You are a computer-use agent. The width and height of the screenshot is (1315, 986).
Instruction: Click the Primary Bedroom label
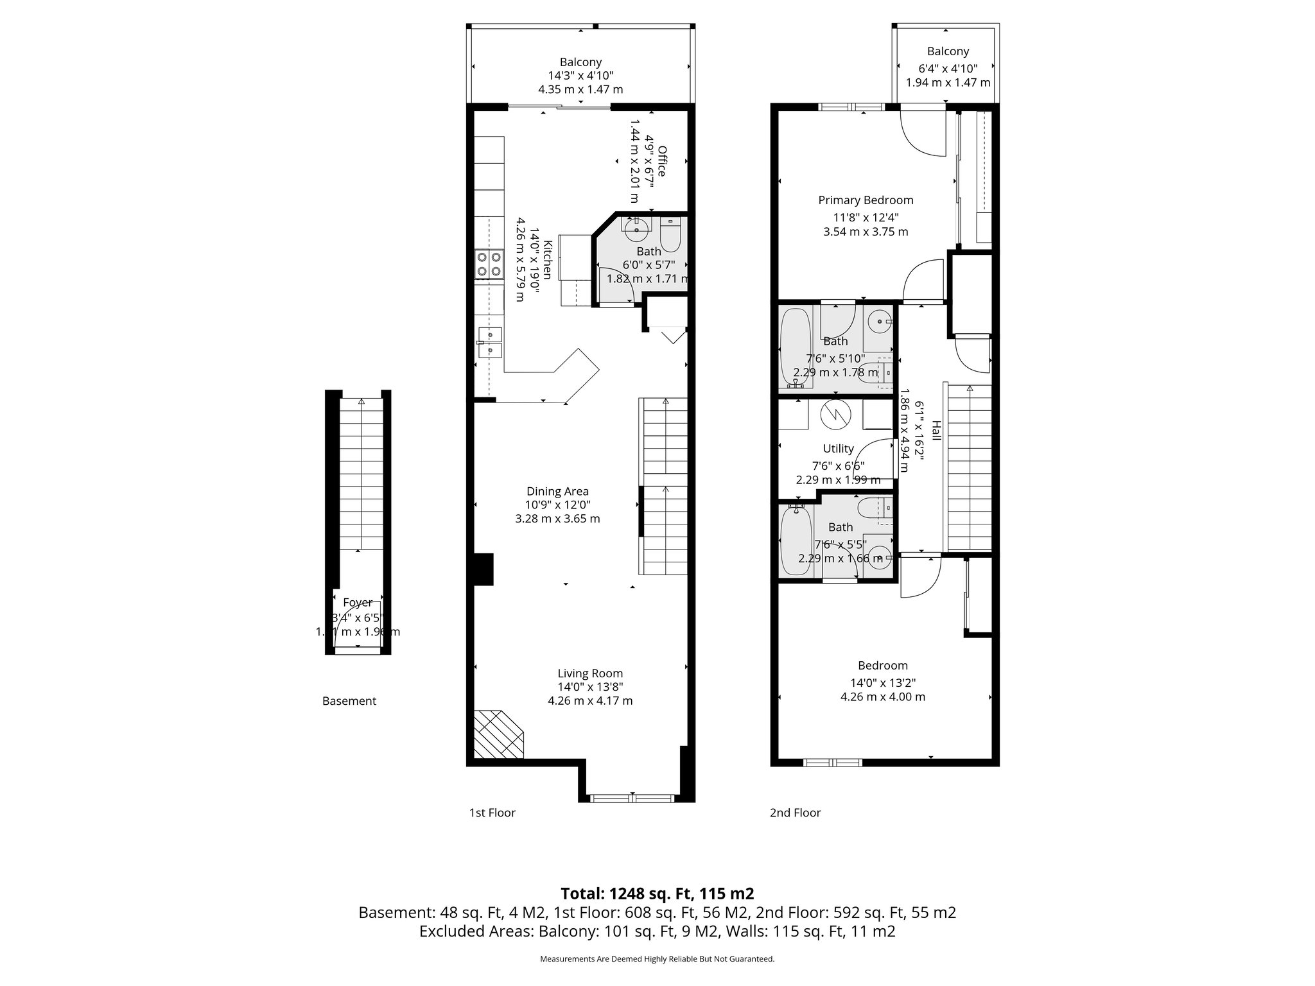pos(866,200)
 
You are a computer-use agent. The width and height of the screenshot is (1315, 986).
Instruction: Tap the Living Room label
pos(590,673)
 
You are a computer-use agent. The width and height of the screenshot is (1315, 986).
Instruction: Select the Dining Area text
pos(557,492)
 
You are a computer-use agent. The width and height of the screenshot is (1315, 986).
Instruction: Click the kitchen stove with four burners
pos(489,264)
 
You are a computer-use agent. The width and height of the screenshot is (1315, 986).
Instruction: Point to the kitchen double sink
pos(490,342)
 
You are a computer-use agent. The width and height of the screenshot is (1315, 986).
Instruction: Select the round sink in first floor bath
pos(636,229)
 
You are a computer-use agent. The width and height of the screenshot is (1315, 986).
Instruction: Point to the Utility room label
pos(839,449)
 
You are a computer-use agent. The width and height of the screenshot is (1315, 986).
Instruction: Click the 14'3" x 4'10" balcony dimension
pos(580,76)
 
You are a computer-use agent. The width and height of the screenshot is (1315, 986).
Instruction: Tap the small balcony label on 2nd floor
pos(948,51)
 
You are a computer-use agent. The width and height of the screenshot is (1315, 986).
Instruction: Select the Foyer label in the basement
pos(358,603)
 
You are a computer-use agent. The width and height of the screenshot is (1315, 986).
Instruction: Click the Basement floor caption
pos(349,701)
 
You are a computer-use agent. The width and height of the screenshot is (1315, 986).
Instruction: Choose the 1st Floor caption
pos(492,813)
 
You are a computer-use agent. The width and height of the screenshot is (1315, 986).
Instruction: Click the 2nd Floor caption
pos(795,813)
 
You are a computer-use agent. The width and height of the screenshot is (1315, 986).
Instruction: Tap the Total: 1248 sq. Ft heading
pos(657,894)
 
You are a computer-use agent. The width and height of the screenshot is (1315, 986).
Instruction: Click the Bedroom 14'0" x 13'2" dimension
pos(883,683)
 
